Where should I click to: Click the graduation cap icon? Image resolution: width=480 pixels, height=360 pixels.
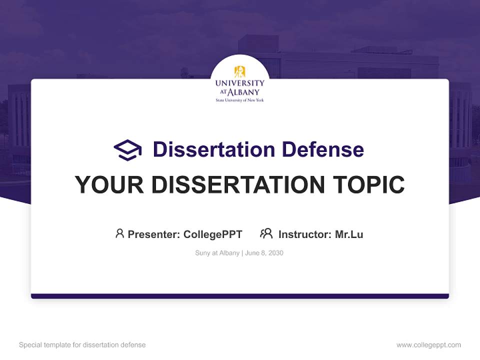point(127,150)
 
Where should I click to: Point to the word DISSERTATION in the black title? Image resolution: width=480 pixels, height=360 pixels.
point(237,185)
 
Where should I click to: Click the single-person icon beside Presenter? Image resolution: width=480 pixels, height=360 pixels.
point(119,233)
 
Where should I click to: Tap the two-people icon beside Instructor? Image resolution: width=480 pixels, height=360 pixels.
point(266,233)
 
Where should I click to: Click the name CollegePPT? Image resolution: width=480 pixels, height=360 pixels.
point(213,234)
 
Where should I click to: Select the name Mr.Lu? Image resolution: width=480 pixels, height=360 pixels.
point(349,234)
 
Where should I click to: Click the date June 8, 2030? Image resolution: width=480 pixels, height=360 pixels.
point(264,253)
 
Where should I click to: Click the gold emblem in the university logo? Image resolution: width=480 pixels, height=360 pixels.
point(239,71)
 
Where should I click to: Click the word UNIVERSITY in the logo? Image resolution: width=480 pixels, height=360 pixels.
point(239,83)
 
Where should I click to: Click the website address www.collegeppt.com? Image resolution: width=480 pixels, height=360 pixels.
point(428,345)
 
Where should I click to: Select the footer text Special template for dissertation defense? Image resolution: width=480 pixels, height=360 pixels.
point(82,345)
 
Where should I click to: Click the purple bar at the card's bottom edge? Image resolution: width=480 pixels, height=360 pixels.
point(240,296)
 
